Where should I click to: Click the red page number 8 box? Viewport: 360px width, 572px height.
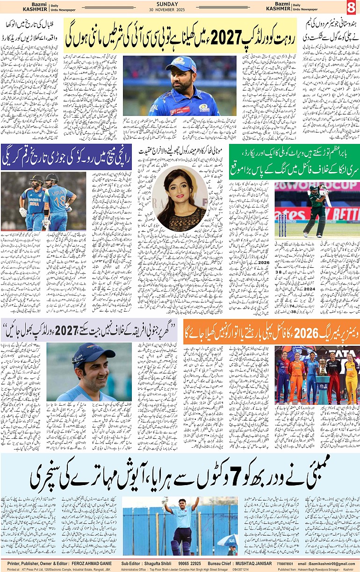351,7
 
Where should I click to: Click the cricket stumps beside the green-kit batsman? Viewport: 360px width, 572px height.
284,226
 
